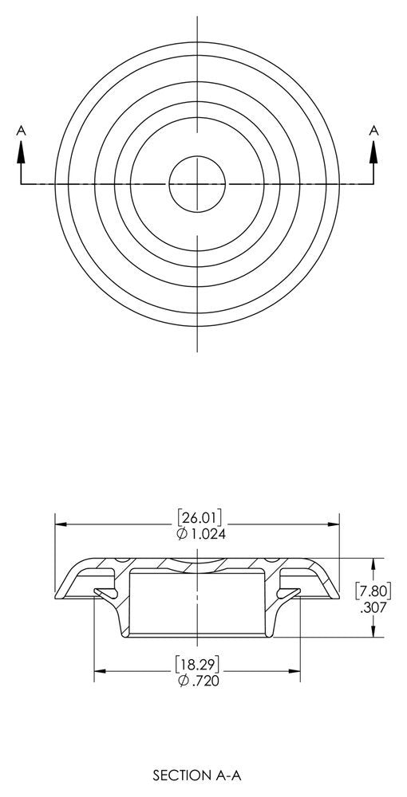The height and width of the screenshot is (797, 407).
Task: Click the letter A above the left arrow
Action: coord(21,131)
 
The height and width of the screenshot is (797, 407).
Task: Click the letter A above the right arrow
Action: coord(374,131)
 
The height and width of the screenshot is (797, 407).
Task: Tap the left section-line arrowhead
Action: coord(21,152)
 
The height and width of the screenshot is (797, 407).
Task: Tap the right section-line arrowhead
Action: coord(374,152)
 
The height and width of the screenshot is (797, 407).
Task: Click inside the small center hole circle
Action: coord(197,183)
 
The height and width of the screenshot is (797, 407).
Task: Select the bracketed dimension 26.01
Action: coord(200,518)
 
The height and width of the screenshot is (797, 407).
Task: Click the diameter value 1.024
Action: coord(208,534)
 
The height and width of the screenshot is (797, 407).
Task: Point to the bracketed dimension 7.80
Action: coord(373,591)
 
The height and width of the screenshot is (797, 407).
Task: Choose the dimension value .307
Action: coord(373,607)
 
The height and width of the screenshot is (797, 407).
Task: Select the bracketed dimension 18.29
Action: coord(197,665)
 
